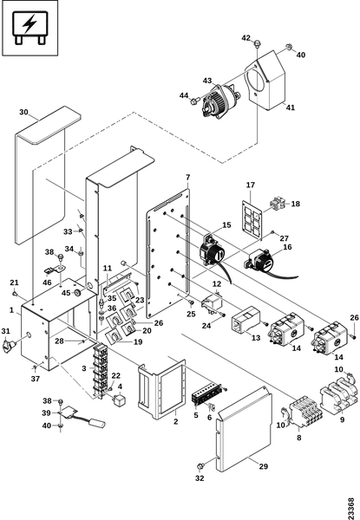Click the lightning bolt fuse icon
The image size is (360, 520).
[x=29, y=28]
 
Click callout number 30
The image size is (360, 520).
[x=23, y=112]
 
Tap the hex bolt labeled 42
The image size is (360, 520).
[x=257, y=43]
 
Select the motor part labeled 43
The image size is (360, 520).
[x=221, y=100]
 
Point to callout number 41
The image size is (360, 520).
[x=291, y=107]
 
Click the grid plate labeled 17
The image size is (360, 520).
[x=252, y=219]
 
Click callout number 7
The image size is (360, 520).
[x=187, y=178]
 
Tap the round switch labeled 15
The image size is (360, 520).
[x=212, y=253]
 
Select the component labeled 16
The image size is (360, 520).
[x=262, y=261]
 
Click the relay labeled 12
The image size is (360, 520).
[x=212, y=302]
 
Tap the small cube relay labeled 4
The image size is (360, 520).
[x=119, y=400]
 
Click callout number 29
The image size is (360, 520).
[x=264, y=466]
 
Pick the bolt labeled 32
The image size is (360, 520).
[x=200, y=466]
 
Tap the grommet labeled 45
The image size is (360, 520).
[x=78, y=293]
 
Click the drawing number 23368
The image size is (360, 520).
[x=350, y=507]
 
